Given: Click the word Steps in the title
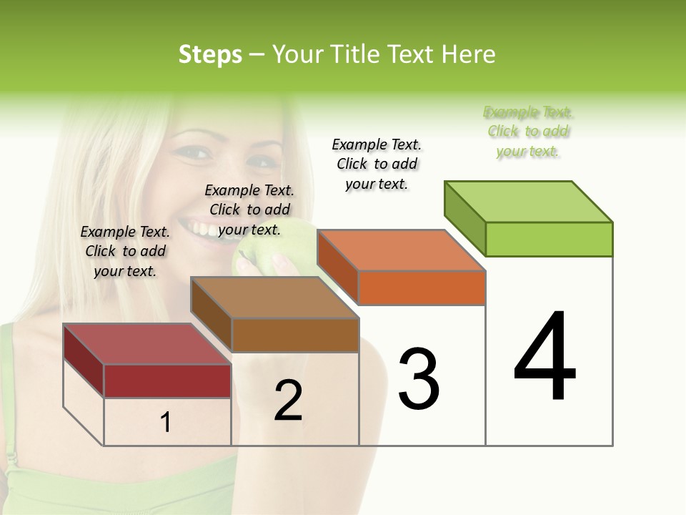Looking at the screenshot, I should coord(210,54).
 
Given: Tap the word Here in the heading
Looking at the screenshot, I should coord(468,54).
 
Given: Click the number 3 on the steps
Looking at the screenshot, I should coord(418,378).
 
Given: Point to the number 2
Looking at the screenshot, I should coord(288,401).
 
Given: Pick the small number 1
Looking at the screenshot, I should coord(166,422).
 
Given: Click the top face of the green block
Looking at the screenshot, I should coord(529,201).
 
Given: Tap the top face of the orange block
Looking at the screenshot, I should coord(402,250).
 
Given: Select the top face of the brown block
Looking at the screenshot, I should coord(275,298).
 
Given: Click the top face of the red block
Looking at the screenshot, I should coord(147,344).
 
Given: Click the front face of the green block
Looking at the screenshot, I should coord(549,239).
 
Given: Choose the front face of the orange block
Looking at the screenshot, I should coord(422,288).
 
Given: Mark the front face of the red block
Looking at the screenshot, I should coord(167,381).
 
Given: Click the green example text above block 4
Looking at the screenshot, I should coord(528,132).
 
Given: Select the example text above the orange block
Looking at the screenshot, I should coord(377,164).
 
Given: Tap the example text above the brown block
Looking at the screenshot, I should coord(249,210).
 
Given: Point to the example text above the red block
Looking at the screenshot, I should coord(125,251).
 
